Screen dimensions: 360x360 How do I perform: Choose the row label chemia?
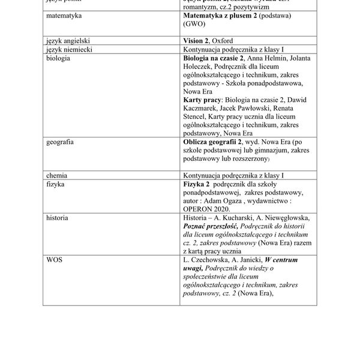pyautogui.click(x=58, y=175)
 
